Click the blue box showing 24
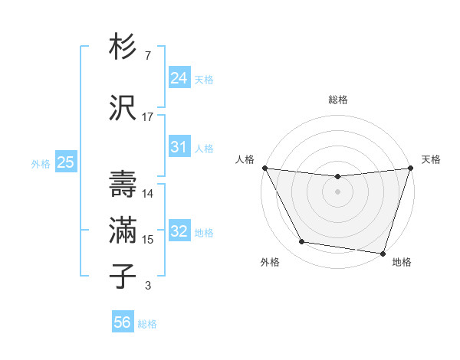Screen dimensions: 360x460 (x=179, y=78)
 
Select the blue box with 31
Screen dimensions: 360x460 (x=179, y=147)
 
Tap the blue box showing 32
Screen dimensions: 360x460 (x=179, y=232)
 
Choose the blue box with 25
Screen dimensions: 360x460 (x=65, y=162)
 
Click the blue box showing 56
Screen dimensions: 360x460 (x=122, y=322)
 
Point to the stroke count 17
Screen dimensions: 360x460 (x=148, y=117)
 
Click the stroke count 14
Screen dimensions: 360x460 (x=148, y=194)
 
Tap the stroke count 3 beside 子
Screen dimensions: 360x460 (x=147, y=286)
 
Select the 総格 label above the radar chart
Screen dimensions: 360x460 (x=337, y=100)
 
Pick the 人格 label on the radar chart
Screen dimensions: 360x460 (x=245, y=159)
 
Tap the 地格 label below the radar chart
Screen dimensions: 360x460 (x=402, y=263)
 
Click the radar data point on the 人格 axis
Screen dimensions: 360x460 (x=264, y=168)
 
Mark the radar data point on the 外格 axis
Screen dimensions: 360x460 (x=301, y=242)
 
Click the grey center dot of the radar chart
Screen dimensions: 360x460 (x=337, y=191)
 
